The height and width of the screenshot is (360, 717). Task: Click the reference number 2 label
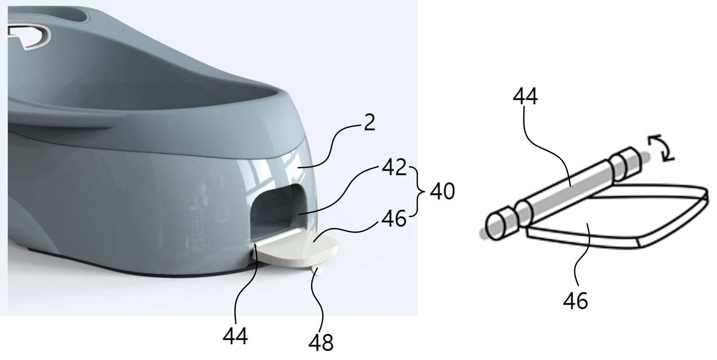pyautogui.click(x=369, y=122)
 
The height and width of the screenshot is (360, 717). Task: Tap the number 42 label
pyautogui.click(x=394, y=167)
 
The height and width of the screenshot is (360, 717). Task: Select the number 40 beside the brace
pyautogui.click(x=442, y=192)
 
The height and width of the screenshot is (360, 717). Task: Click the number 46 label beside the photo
pyautogui.click(x=394, y=219)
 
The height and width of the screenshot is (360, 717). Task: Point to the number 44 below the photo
pyautogui.click(x=235, y=336)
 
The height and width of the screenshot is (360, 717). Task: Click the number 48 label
pyautogui.click(x=321, y=342)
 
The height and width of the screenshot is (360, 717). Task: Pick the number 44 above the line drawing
pyautogui.click(x=525, y=96)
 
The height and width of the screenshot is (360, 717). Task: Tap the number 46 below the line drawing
pyautogui.click(x=575, y=301)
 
